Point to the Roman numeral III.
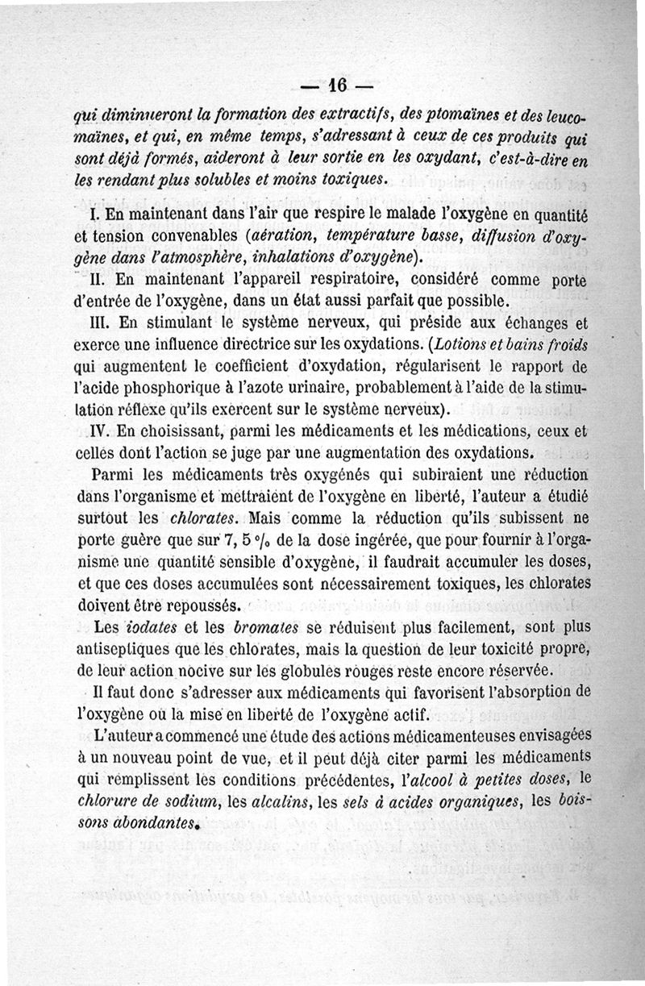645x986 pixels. [x=94, y=322]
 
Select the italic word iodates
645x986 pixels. [x=152, y=627]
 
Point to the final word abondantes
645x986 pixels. [x=154, y=822]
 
